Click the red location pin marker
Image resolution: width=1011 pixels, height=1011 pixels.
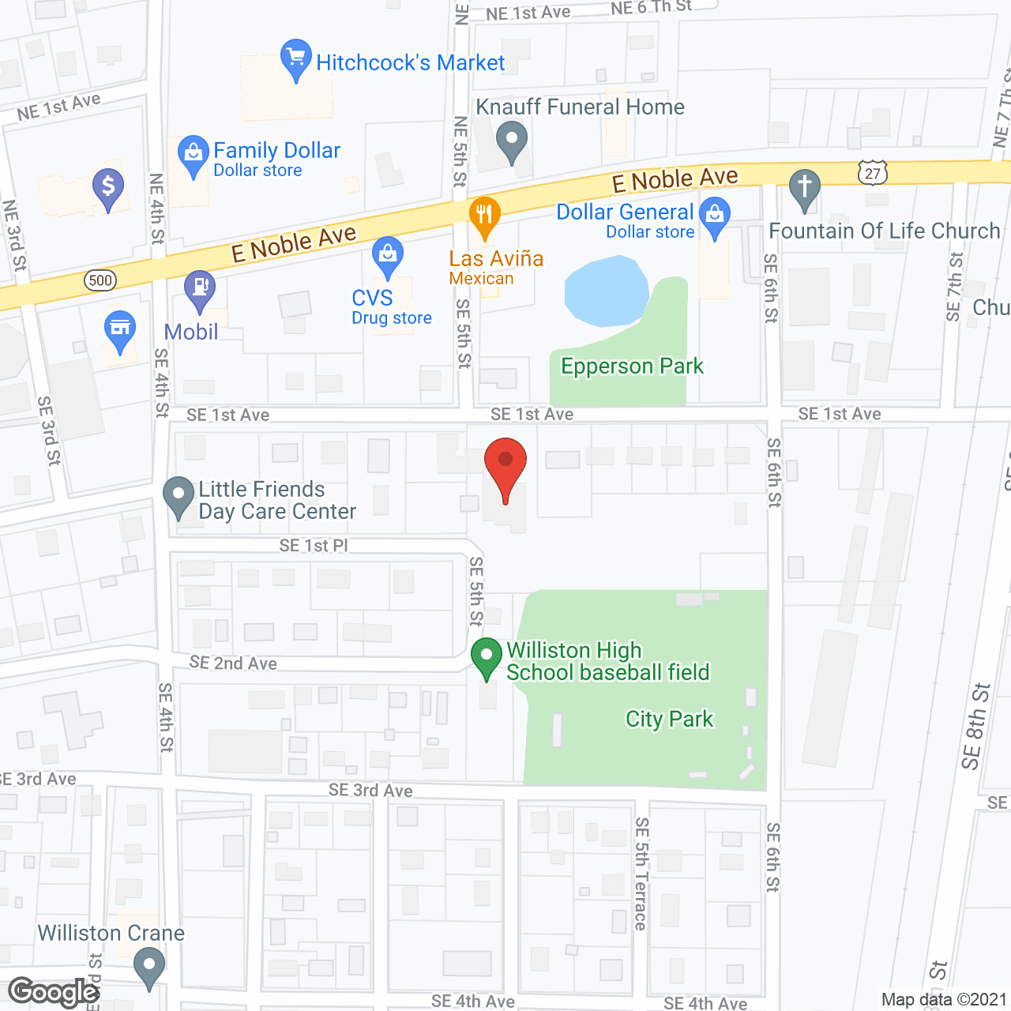(x=505, y=461)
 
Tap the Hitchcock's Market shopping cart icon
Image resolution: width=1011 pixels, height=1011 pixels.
(x=295, y=58)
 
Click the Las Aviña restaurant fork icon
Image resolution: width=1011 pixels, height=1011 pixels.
(x=484, y=215)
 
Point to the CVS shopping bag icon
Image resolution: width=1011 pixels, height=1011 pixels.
(x=388, y=255)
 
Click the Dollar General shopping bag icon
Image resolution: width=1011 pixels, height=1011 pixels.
(x=715, y=216)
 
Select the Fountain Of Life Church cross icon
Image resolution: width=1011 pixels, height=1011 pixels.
(x=804, y=188)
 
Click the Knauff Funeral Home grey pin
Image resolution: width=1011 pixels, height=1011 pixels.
(x=512, y=141)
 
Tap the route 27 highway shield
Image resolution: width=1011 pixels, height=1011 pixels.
(x=873, y=173)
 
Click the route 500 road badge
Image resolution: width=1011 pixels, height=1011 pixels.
(x=100, y=280)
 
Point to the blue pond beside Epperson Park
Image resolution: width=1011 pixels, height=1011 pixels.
(x=604, y=291)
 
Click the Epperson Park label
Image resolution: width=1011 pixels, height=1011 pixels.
(x=632, y=366)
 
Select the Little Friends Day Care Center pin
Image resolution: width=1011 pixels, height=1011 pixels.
(x=178, y=496)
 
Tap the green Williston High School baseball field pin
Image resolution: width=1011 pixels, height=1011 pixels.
(x=487, y=656)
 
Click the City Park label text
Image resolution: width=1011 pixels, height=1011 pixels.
(x=669, y=720)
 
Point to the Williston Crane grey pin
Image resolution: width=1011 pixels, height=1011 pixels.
(x=148, y=965)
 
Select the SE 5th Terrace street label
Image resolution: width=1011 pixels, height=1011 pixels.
(x=641, y=874)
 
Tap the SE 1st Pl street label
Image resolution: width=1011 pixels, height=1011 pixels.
(x=314, y=546)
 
